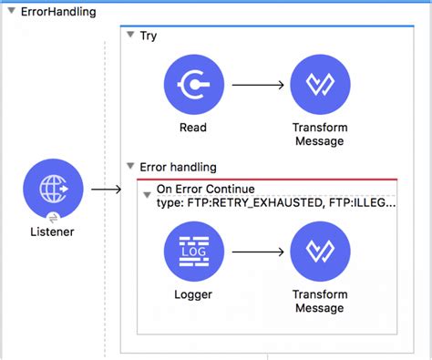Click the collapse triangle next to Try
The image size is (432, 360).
coord(130,36)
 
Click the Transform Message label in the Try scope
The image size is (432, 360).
coord(319,135)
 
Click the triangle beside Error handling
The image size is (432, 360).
coord(130,167)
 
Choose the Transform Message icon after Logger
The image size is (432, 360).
coord(319,252)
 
